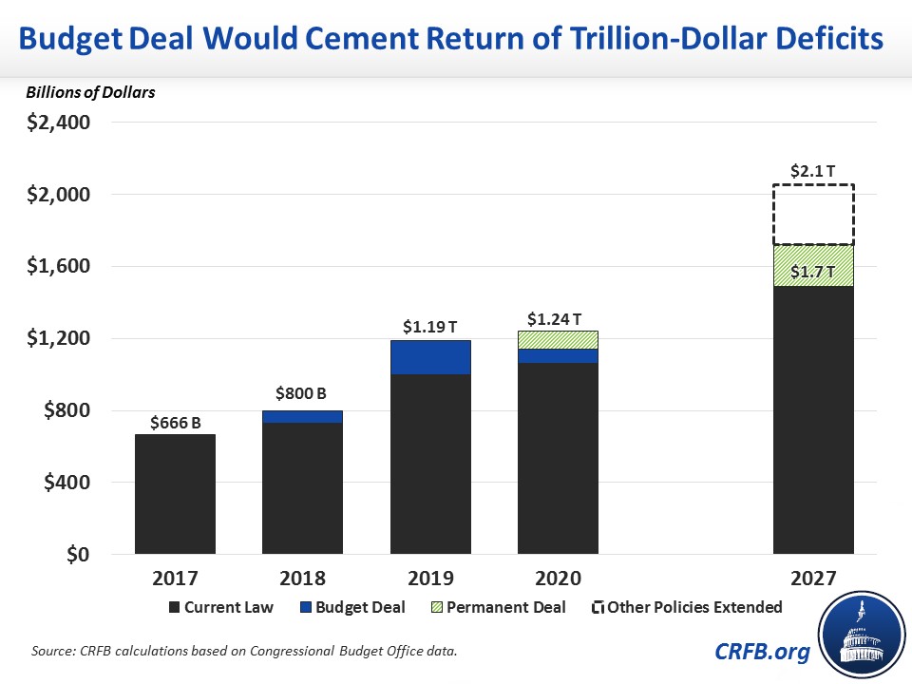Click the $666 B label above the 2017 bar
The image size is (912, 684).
(x=175, y=424)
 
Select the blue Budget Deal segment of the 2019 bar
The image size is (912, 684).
(x=430, y=357)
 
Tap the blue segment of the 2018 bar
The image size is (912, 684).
(x=302, y=416)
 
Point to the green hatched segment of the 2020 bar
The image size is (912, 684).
(x=558, y=339)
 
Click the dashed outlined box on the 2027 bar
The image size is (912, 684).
(x=813, y=215)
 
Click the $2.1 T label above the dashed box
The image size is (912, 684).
(x=813, y=172)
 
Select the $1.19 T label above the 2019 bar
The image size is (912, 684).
(x=430, y=328)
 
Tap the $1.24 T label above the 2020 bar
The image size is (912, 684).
(x=558, y=318)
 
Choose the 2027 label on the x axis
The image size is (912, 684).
(x=813, y=578)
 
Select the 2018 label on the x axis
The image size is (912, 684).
(x=302, y=578)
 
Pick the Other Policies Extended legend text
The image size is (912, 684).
(x=694, y=607)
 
